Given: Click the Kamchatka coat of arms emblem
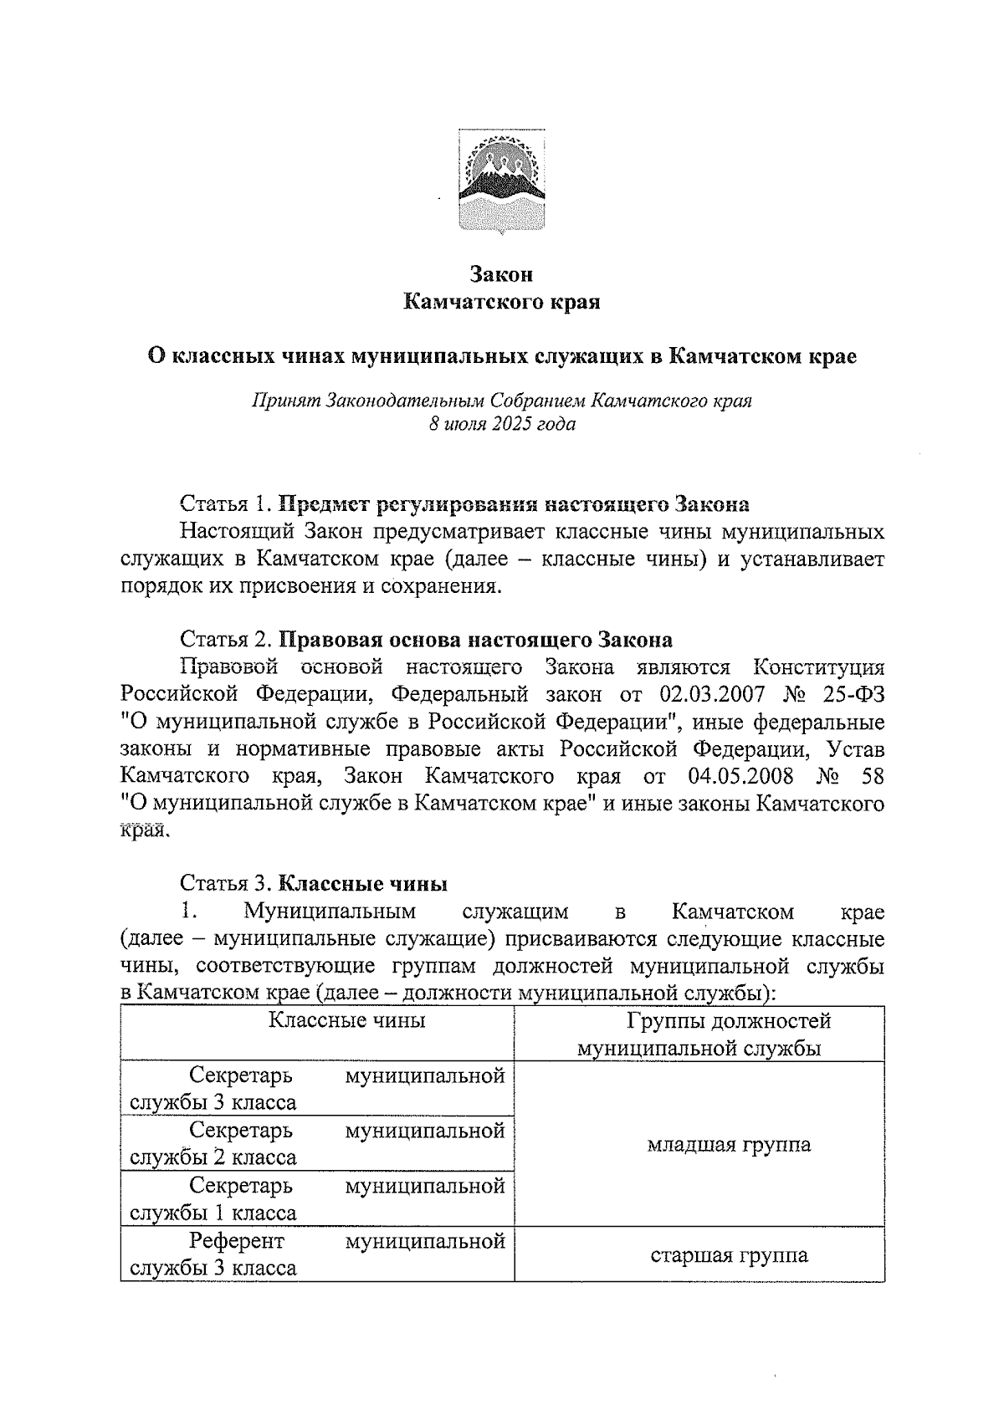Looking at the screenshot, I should coord(501,179).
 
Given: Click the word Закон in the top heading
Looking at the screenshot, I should coord(501,273).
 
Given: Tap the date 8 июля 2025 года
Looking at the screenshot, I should coord(501,424).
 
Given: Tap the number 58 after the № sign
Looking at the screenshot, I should coord(871,775).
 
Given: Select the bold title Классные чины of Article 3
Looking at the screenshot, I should coord(362,883).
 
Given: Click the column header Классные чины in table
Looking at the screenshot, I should coord(346,1020).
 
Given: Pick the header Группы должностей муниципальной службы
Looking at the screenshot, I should coord(699,1034).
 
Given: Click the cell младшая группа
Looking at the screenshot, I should coord(728,1144).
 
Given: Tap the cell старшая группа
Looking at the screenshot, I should coord(729,1255).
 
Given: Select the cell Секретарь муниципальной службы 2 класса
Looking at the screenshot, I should coord(317,1144).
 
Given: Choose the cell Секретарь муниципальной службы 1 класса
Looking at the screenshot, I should coord(317,1199).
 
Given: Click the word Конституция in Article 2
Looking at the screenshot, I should coord(818,667).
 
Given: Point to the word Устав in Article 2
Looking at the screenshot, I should coord(854,748).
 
